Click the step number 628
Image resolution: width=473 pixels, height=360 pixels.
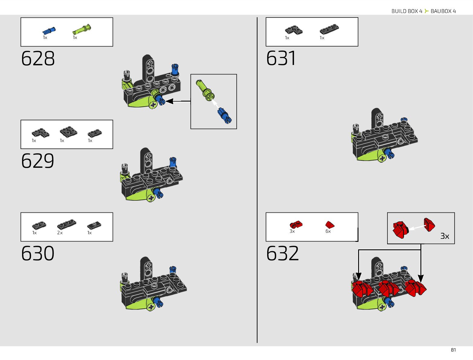point(38,58)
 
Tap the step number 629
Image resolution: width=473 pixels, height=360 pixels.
point(38,161)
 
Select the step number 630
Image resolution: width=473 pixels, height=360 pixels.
point(38,253)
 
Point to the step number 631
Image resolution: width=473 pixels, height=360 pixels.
point(281,58)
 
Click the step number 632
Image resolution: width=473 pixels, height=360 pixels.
point(283,253)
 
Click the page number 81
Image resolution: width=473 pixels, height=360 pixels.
point(453,350)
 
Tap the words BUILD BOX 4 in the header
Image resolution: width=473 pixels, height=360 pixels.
point(407,11)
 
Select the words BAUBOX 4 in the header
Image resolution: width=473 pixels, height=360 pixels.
point(443,11)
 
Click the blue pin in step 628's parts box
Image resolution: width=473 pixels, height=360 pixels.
point(49,31)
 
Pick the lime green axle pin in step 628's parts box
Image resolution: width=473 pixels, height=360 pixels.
point(82,30)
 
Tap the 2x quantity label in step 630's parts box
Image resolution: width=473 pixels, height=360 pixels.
point(60,233)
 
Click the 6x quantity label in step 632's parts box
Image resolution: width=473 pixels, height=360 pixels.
point(328,231)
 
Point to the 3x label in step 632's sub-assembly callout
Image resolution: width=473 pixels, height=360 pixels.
point(445,236)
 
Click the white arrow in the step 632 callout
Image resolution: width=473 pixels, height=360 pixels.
point(416,227)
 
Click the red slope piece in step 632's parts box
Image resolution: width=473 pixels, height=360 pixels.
point(330,225)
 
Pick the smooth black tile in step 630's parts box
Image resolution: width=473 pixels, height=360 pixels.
point(94,225)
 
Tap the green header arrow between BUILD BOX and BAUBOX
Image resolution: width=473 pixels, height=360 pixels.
point(426,11)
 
